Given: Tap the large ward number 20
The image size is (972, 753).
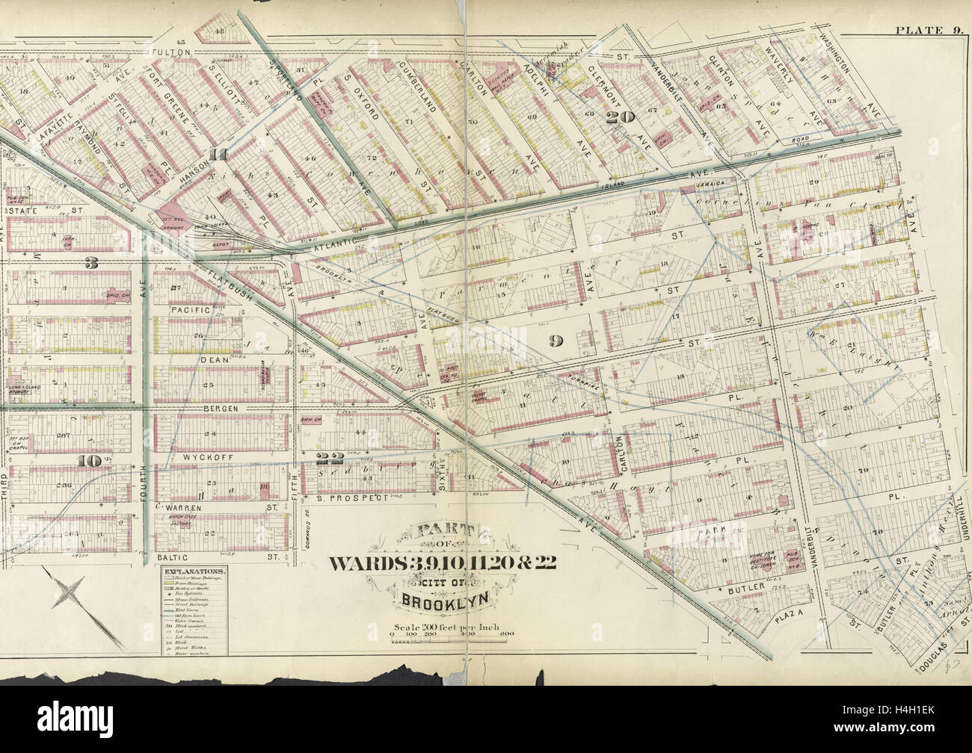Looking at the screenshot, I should tap(621, 117).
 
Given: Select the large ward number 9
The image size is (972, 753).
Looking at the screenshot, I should tap(555, 341).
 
